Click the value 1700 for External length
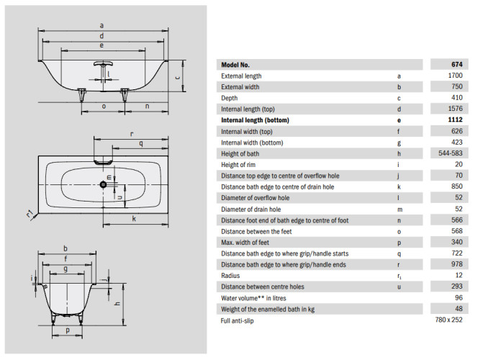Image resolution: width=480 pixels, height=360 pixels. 455,76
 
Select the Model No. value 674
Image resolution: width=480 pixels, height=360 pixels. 457,65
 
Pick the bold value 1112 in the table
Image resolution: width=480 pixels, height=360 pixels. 455,120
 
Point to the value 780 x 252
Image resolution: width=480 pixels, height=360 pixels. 449,319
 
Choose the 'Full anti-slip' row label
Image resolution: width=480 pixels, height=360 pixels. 241,319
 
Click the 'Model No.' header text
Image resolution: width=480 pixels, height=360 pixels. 236,65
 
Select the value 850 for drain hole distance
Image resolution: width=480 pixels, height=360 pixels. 457,187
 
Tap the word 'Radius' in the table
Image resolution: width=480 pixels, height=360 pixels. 231,275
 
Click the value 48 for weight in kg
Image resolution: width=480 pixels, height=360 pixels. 458,308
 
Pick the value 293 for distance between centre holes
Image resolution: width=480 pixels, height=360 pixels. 457,286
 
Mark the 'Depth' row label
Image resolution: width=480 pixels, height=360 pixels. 230,98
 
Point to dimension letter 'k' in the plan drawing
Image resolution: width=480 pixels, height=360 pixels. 135,218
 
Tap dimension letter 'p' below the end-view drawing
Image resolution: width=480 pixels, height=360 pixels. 68,330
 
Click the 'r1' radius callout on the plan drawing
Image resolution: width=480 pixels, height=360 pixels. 29,213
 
